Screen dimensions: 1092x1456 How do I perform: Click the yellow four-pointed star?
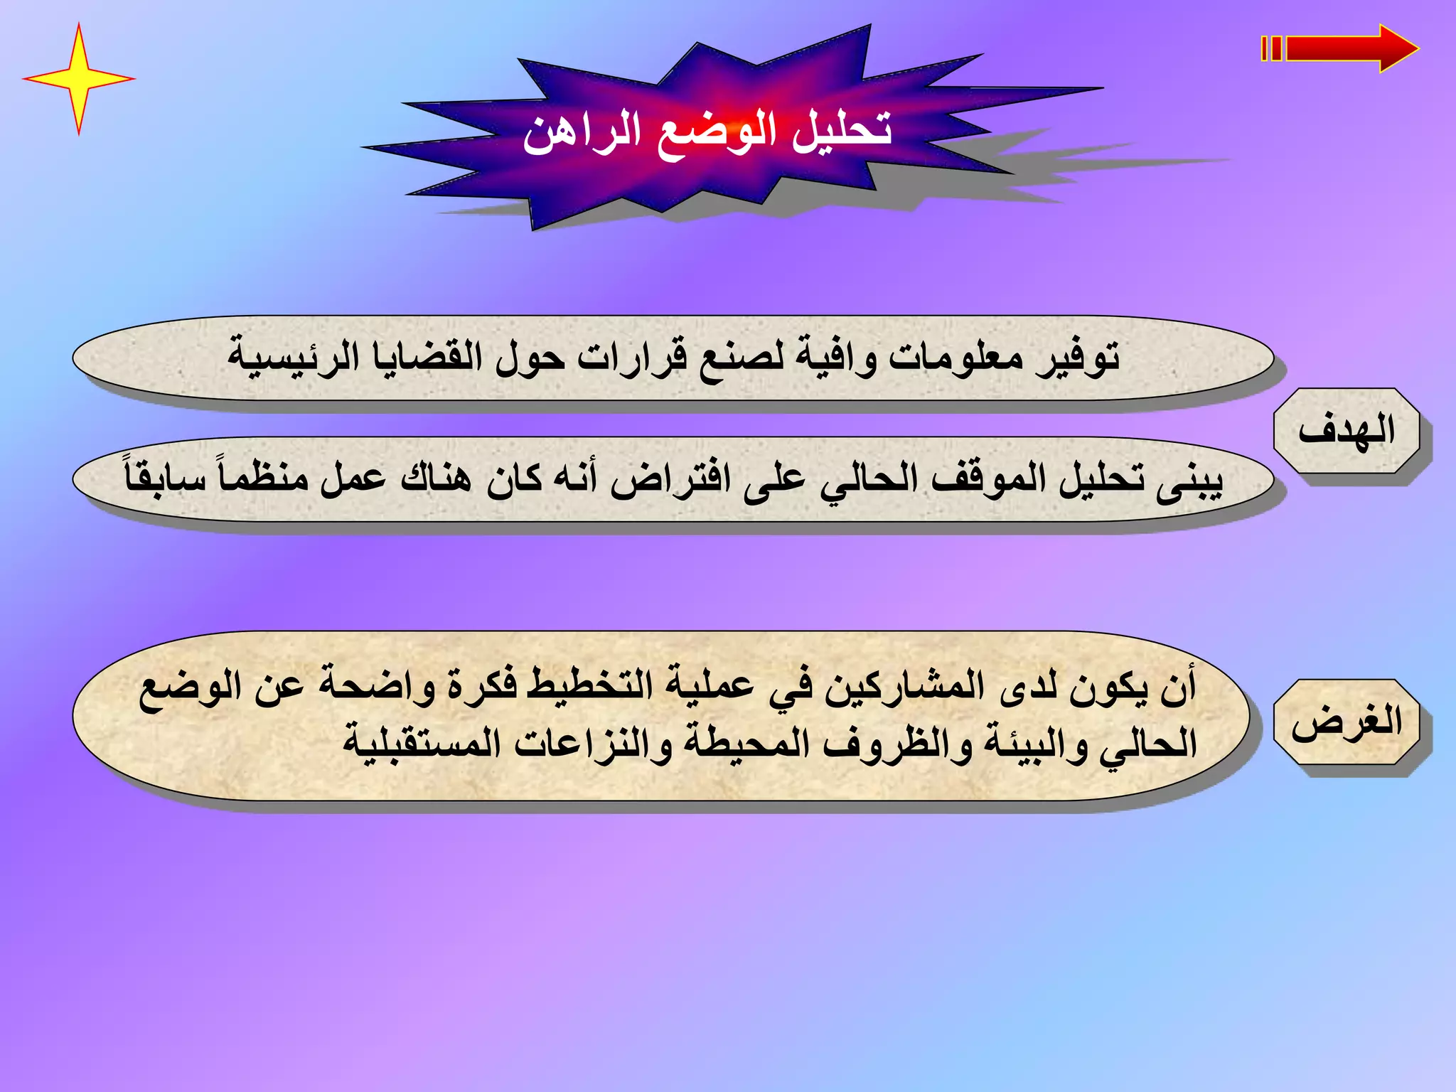click(78, 78)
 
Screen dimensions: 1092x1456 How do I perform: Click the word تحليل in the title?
click(842, 132)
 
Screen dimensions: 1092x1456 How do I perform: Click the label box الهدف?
click(1346, 431)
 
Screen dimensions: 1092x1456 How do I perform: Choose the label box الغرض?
click(1346, 722)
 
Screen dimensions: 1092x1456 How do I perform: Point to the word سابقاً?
click(166, 478)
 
